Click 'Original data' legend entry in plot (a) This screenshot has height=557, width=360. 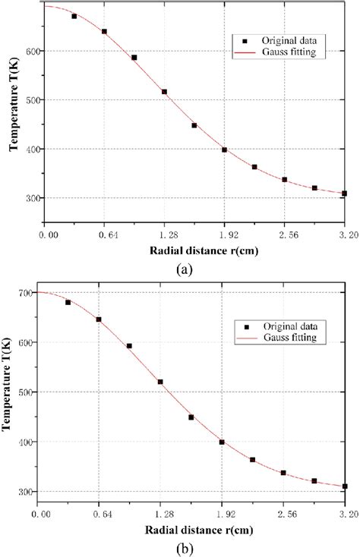281,38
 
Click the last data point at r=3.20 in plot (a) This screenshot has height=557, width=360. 344,194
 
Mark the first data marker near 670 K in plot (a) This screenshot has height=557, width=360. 74,16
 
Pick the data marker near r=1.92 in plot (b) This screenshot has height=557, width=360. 222,442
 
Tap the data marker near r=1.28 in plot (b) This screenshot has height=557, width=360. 160,382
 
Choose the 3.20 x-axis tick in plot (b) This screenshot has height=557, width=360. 343,513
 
